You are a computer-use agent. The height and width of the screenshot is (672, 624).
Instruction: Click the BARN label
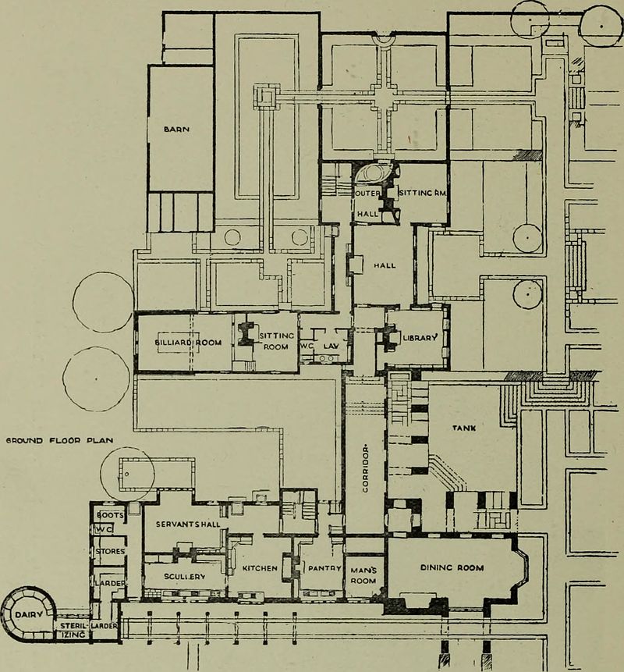pos(181,130)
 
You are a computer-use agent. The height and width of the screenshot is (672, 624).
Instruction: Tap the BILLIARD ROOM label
pos(185,342)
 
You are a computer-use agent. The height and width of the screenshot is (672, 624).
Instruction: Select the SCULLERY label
pos(184,576)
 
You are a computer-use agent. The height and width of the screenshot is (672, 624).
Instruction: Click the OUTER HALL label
pos(367,202)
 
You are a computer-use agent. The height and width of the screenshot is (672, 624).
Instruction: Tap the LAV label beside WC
pos(331,345)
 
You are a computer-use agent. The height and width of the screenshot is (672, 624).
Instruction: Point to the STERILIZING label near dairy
pos(72,631)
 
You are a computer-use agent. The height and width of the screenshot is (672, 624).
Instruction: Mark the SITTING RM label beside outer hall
pos(422,192)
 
